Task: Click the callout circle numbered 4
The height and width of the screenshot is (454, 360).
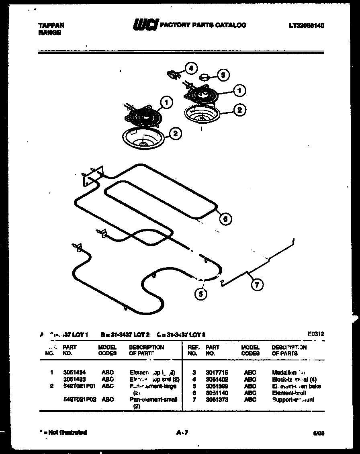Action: point(191,68)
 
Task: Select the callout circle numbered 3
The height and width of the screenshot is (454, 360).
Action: point(223,74)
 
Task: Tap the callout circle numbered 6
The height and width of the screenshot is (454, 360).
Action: point(225,219)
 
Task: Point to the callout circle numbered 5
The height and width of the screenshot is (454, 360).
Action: point(201,294)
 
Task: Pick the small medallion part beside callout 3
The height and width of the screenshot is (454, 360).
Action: point(206,75)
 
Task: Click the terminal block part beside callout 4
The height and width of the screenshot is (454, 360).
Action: point(173,74)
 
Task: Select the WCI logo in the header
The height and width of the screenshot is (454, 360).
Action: point(146,25)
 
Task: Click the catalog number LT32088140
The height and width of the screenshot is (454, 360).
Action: point(306,25)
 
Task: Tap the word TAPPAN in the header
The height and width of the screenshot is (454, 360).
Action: point(51,25)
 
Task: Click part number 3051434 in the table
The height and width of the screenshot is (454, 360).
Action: point(74,372)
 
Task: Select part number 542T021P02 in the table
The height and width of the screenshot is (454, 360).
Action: point(80,400)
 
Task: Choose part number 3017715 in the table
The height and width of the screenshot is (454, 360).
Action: point(217,372)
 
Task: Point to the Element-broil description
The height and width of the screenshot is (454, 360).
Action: point(288,393)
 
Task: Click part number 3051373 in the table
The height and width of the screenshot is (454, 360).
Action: point(217,400)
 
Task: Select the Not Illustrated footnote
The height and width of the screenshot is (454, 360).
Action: point(63,433)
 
